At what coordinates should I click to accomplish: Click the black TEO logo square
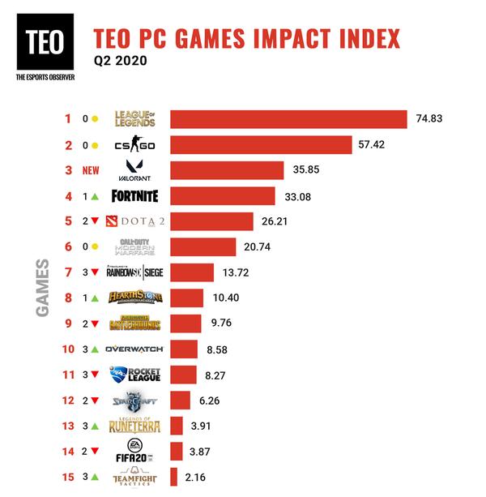click(x=45, y=42)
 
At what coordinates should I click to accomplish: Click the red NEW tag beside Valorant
click(x=92, y=171)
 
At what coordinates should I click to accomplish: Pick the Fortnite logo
click(x=135, y=195)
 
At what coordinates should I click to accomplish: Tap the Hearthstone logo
click(x=135, y=298)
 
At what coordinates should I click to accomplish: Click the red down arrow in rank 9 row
click(x=96, y=323)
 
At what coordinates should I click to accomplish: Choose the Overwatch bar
click(x=185, y=349)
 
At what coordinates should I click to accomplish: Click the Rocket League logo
click(x=135, y=374)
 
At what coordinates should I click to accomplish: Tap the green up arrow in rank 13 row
click(x=96, y=426)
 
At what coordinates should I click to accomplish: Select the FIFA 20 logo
click(x=135, y=450)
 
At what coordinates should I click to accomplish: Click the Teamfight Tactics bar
click(x=173, y=476)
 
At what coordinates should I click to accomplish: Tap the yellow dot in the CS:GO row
click(x=95, y=146)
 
